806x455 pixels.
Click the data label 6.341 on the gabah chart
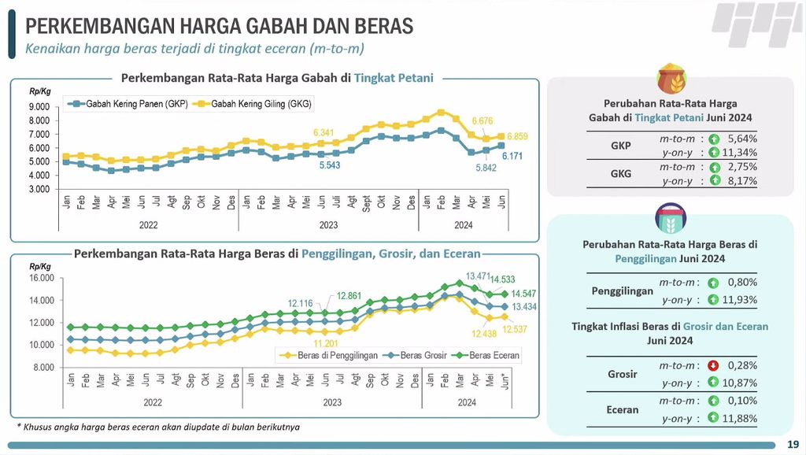(x=329, y=132)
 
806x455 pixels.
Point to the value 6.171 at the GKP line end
(x=513, y=157)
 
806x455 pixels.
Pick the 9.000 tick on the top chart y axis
(x=40, y=107)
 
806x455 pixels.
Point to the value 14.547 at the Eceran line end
(x=513, y=294)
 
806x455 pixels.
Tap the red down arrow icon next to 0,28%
(x=713, y=365)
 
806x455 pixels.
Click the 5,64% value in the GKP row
(x=742, y=138)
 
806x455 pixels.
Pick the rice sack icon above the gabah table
(x=671, y=79)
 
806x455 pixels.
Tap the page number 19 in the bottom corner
(x=793, y=444)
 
